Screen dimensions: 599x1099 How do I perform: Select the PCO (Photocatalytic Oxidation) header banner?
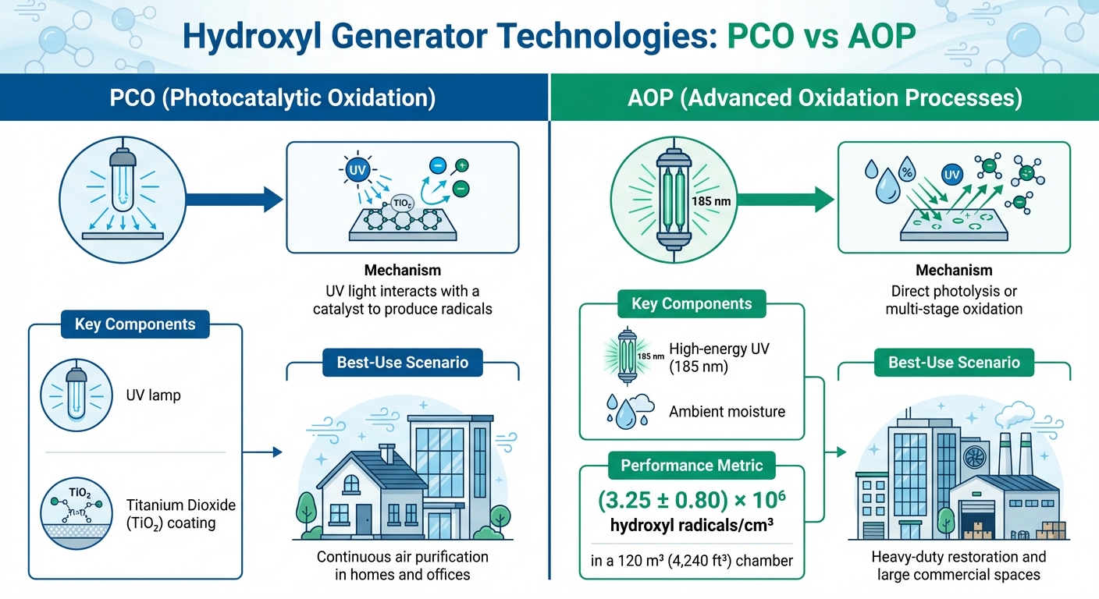[274, 98]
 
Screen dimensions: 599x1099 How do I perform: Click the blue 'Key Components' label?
[135, 324]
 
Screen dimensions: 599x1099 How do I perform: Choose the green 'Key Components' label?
[692, 303]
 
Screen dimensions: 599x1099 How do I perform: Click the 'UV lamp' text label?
[153, 395]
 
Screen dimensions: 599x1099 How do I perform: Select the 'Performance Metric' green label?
[692, 466]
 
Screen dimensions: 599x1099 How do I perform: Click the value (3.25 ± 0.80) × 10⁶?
[692, 500]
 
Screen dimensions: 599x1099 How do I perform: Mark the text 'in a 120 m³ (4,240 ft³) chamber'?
[692, 560]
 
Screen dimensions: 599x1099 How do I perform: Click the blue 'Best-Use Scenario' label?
[403, 363]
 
